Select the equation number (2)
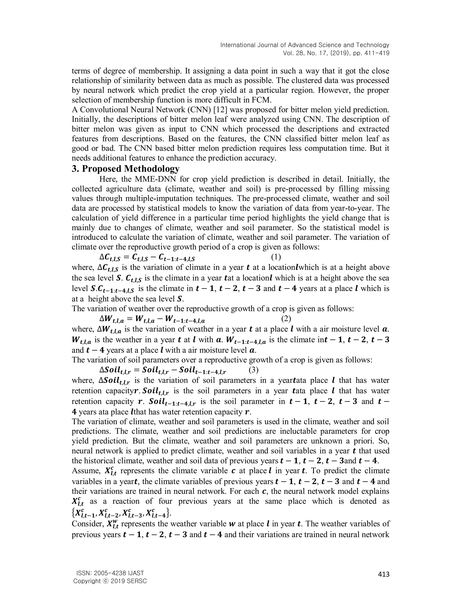point(286,319)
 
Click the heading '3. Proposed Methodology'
point(125,169)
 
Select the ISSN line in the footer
point(110,573)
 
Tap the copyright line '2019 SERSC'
point(110,581)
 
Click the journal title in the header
point(305,45)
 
